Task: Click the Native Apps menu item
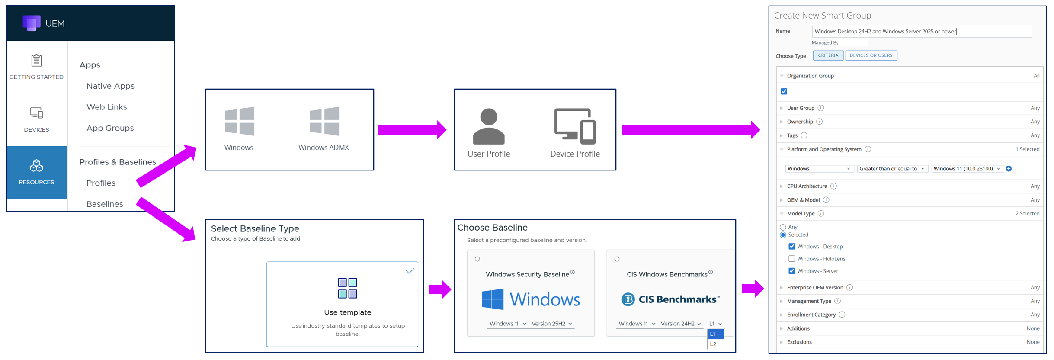tap(110, 86)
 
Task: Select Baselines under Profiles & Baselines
tap(105, 204)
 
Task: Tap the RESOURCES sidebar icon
tap(36, 166)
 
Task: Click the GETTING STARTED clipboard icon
tap(36, 60)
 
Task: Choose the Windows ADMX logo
tap(324, 121)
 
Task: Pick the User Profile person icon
tap(489, 126)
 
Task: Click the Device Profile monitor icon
tap(575, 126)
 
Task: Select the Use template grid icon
tap(347, 288)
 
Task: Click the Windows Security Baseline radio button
tap(477, 259)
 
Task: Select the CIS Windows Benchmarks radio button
tap(617, 259)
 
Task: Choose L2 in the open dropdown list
tap(714, 344)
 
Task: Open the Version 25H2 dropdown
tap(552, 324)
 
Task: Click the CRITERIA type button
tap(828, 55)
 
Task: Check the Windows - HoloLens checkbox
tap(791, 259)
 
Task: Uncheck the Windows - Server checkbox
tap(791, 271)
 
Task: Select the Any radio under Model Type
tap(783, 227)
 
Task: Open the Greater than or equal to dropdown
tap(891, 169)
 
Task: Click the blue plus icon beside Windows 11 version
tap(1009, 169)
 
